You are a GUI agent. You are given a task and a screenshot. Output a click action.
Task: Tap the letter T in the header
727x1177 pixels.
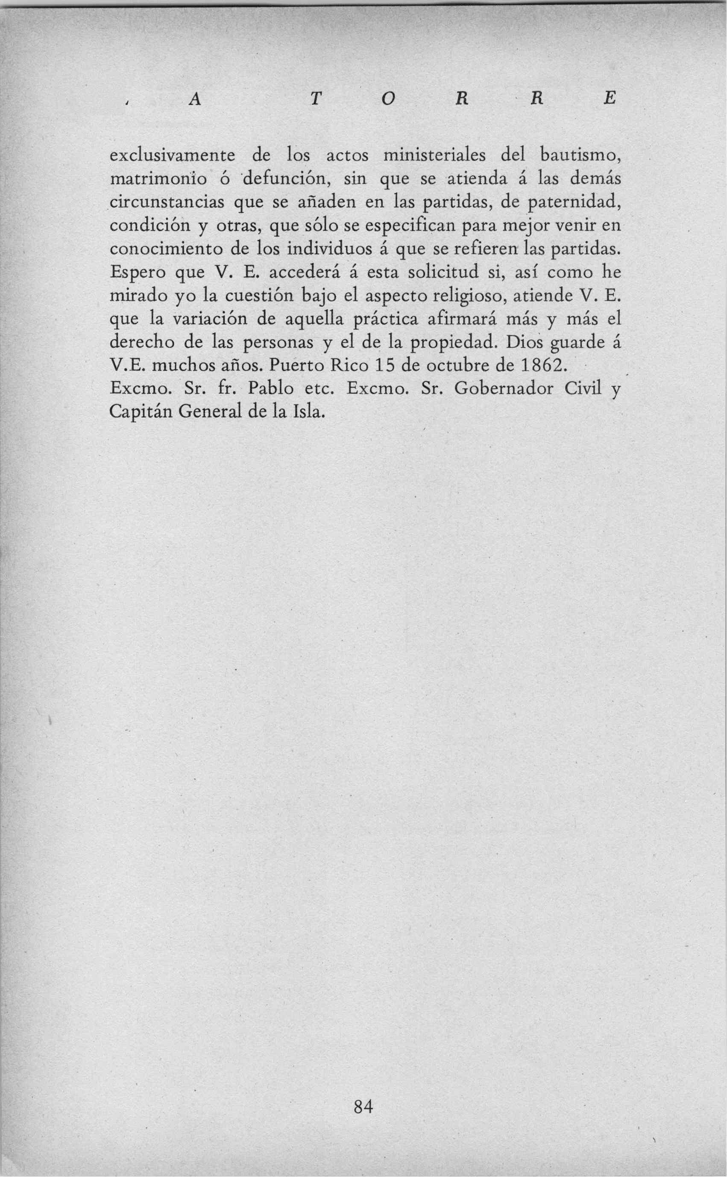point(315,100)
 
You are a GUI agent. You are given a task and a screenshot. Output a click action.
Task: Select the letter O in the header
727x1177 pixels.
point(390,100)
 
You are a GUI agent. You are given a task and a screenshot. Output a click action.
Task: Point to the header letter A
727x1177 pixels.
point(195,100)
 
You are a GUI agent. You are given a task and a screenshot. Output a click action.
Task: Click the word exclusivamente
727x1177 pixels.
point(173,156)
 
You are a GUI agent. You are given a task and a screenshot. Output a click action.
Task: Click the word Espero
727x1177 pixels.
point(138,273)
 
